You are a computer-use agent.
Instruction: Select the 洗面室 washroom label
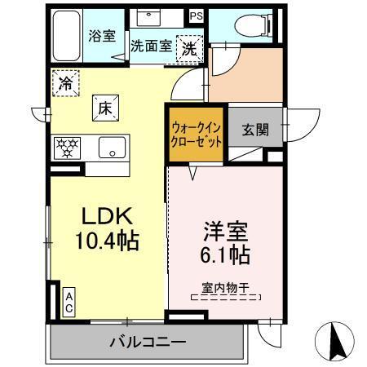(153, 46)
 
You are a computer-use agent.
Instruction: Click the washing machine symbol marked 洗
(189, 49)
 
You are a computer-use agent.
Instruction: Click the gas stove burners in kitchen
(67, 148)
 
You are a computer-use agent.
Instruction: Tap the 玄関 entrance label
(255, 130)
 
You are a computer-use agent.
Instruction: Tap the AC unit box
(69, 303)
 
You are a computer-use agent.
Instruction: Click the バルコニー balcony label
(148, 342)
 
